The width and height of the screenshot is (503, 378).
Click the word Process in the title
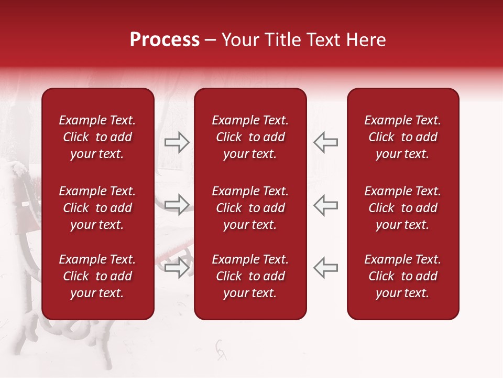(165, 40)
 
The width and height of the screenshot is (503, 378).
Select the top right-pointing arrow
(177, 142)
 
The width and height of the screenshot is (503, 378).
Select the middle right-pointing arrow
(177, 205)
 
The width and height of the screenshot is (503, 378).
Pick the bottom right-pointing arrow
(177, 268)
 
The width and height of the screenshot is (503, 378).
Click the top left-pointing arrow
(326, 142)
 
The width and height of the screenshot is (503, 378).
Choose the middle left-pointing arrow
(326, 205)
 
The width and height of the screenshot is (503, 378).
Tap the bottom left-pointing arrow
(326, 268)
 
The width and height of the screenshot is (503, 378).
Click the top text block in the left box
(97, 137)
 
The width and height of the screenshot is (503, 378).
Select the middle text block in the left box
(97, 208)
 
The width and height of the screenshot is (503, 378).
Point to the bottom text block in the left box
(97, 276)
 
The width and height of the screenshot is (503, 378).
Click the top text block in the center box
(250, 137)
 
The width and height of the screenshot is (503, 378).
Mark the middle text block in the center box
(250, 208)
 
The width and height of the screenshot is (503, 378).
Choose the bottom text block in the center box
(250, 276)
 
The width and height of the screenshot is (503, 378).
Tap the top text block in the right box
(402, 137)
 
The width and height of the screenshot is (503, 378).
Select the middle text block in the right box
(402, 208)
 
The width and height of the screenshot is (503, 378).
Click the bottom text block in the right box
(402, 276)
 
